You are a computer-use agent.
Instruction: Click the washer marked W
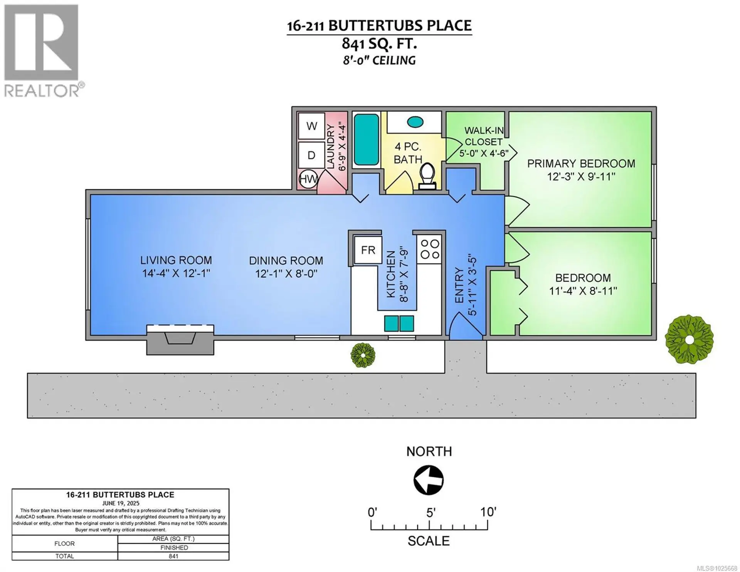coord(311,126)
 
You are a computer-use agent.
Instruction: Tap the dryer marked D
coord(311,155)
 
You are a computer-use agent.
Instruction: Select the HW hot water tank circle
coord(308,179)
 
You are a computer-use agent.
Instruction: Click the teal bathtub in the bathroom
coord(366,140)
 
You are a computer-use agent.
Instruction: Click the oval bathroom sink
coord(415,122)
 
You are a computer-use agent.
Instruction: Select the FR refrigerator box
coord(368,250)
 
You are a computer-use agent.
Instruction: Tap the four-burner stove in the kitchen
coord(429,249)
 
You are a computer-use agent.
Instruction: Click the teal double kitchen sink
coord(399,323)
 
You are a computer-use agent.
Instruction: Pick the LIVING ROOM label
coord(176,261)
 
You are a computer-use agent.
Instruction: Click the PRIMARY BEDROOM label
coord(581,163)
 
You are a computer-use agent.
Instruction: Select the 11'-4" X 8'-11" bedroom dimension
coord(583,291)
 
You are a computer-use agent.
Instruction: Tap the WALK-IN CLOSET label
coord(484,136)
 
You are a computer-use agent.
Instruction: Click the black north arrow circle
coord(429,480)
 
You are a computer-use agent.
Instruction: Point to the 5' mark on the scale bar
coord(429,525)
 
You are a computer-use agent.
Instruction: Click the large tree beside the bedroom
coord(689,339)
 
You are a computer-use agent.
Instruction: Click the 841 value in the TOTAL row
coord(173,556)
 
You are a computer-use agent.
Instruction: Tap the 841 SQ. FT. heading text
coord(379,44)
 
